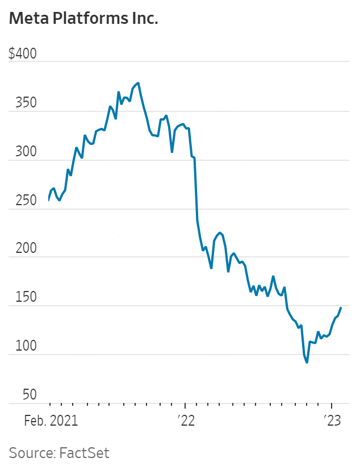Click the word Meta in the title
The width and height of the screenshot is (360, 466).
click(28, 19)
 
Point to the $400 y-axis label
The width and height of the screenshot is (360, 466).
click(23, 54)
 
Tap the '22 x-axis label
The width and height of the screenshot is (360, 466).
click(185, 421)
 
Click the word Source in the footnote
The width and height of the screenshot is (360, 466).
click(31, 453)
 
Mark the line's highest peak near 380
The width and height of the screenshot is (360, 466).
click(138, 83)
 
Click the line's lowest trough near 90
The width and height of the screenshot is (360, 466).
click(307, 363)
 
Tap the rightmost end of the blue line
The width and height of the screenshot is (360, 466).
click(341, 307)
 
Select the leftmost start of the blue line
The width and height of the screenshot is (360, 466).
click(49, 201)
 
